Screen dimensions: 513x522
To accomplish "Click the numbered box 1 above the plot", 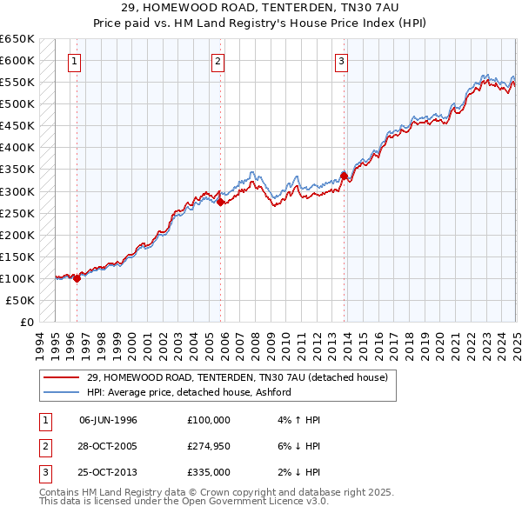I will point(76,61).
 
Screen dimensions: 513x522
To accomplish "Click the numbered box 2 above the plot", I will point(217,61).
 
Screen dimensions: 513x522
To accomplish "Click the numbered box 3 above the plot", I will point(342,61).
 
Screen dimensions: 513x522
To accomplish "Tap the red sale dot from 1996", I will point(77,278).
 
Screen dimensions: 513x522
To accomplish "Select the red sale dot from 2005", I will point(220,202).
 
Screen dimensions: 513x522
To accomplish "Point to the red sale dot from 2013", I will point(344,176).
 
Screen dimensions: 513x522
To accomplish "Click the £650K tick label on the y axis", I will point(17,39).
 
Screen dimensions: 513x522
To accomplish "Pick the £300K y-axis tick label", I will point(17,191).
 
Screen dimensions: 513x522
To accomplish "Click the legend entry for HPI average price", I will point(188,392).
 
